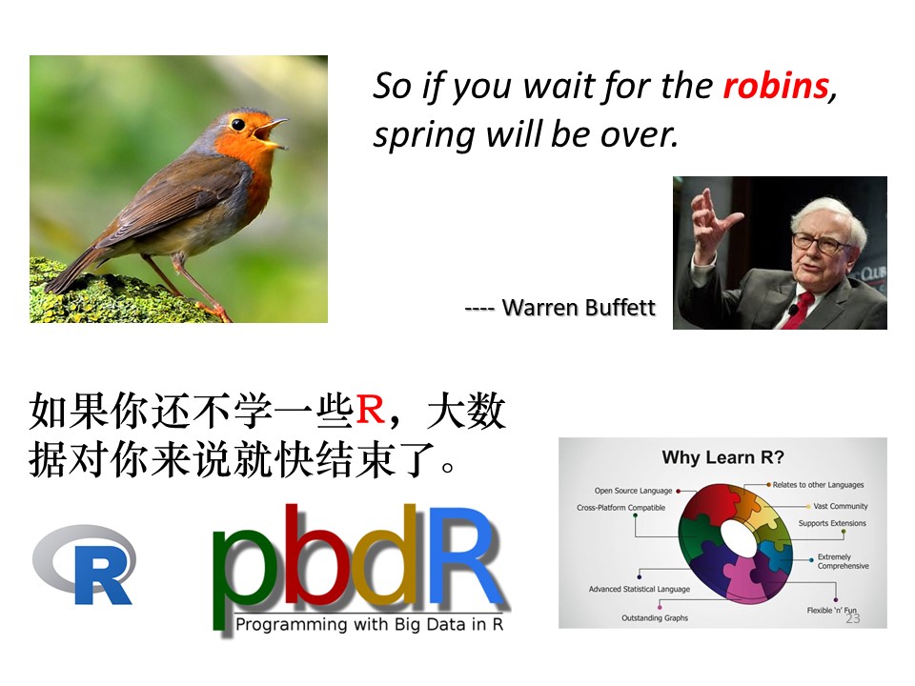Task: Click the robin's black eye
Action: coord(238,124)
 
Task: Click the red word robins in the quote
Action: coord(776,87)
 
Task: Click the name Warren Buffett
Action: coord(579,308)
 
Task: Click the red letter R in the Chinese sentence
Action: coord(371,410)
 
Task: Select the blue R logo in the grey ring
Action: coord(85,564)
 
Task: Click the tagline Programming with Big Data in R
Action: coord(370,624)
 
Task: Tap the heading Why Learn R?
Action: coord(723,457)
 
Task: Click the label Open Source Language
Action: coord(633,491)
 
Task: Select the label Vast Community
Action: coord(841,506)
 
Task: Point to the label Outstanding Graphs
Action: coord(655,617)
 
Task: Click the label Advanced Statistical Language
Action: coord(639,589)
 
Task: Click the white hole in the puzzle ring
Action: coord(738,535)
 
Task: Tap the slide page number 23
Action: coord(852,618)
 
